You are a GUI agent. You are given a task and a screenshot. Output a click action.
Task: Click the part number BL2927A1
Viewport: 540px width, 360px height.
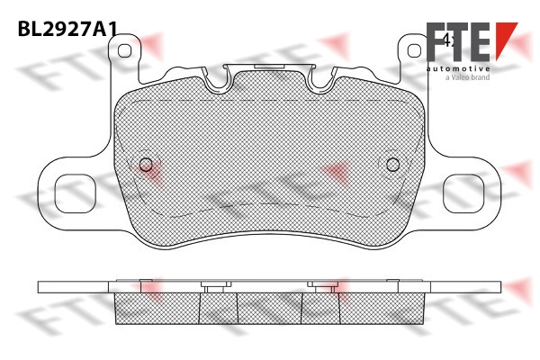(x=67, y=28)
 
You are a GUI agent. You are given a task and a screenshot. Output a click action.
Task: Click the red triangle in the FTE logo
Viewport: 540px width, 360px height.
(x=506, y=38)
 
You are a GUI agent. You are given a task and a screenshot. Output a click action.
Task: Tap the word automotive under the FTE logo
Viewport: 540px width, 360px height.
(x=458, y=69)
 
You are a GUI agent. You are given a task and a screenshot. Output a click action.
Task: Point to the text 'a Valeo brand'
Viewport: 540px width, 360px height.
(x=468, y=77)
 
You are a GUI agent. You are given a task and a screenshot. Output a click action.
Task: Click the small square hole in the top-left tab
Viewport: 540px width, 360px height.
(x=124, y=51)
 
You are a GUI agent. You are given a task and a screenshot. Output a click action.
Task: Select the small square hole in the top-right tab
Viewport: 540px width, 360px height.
(x=414, y=51)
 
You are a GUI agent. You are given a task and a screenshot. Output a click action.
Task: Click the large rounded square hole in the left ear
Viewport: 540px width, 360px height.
(x=75, y=193)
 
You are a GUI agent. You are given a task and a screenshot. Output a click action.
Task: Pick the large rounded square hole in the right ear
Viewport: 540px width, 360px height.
(x=463, y=193)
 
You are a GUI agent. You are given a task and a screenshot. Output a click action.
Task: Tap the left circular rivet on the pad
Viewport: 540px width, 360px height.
(x=146, y=165)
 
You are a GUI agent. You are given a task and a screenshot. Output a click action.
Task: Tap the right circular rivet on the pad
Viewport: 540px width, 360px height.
(x=392, y=165)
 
